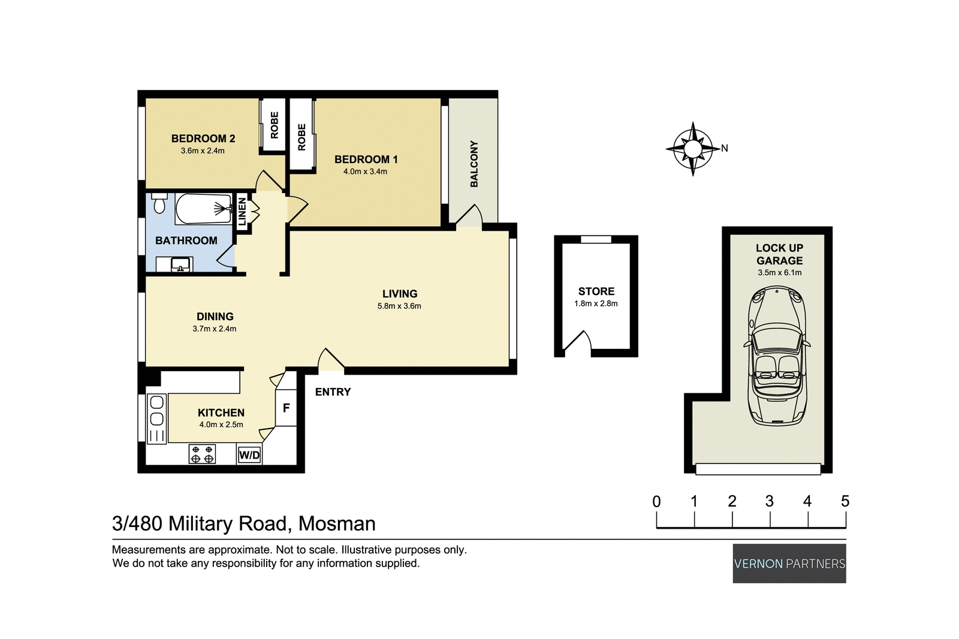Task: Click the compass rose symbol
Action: click(693, 149)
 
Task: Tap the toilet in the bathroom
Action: click(159, 204)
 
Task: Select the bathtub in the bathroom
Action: click(203, 209)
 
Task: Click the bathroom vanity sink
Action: click(180, 264)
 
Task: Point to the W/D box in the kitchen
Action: click(249, 455)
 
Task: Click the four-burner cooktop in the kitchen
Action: click(202, 454)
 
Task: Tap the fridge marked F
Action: click(286, 408)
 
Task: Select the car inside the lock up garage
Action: click(777, 356)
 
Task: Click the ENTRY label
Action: click(333, 392)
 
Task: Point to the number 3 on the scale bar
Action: click(770, 501)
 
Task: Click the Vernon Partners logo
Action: click(789, 563)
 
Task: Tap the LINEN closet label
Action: click(242, 212)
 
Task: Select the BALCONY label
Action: click(474, 164)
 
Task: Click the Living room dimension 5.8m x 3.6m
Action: click(399, 306)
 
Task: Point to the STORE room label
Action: click(596, 291)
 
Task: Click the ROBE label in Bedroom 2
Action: click(275, 125)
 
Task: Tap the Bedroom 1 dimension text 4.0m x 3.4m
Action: click(365, 171)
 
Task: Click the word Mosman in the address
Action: click(337, 524)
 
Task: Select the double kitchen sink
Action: click(157, 411)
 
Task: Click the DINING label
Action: click(215, 317)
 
